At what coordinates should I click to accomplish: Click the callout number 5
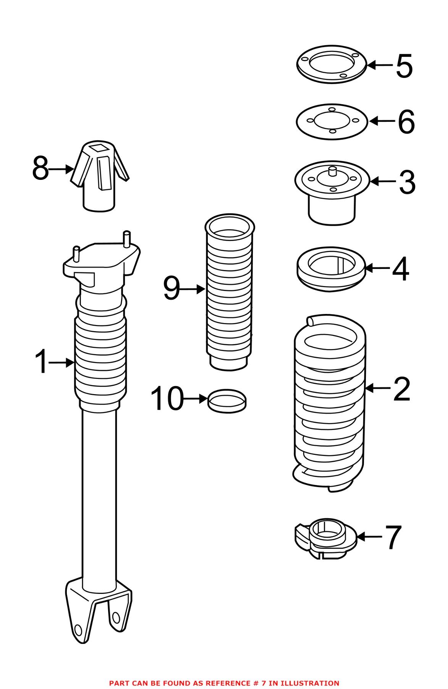point(404,66)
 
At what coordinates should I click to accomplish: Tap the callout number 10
point(167,399)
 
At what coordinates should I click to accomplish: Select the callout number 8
point(40,169)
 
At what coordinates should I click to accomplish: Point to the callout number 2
point(401,389)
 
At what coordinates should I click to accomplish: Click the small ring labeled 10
point(227,401)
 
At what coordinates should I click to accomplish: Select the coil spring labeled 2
point(329,405)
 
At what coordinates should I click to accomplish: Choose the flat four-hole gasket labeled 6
point(332,121)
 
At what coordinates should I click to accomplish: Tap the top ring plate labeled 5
point(332,65)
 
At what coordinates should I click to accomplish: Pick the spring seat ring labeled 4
point(331,269)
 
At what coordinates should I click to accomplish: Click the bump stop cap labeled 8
point(99,176)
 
